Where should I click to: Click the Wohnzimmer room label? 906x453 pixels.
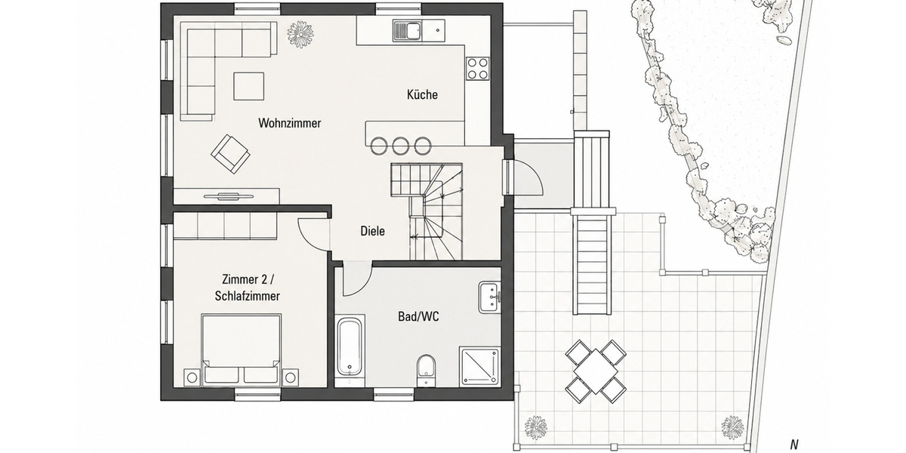pyautogui.click(x=290, y=123)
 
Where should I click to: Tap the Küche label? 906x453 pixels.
pyautogui.click(x=422, y=94)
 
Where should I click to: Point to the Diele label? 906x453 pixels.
pyautogui.click(x=372, y=231)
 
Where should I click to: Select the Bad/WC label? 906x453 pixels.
pyautogui.click(x=418, y=316)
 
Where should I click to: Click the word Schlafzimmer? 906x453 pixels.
pyautogui.click(x=247, y=296)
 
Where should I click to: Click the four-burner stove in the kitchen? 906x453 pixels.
pyautogui.click(x=478, y=69)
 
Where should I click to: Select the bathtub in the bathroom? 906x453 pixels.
pyautogui.click(x=350, y=349)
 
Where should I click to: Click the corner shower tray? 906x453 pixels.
pyautogui.click(x=479, y=366)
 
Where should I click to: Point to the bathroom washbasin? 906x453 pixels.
pyautogui.click(x=490, y=297)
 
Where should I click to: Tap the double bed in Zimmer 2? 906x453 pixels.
pyautogui.click(x=241, y=350)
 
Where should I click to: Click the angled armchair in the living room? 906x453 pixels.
pyautogui.click(x=230, y=154)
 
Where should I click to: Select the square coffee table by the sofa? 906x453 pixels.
pyautogui.click(x=248, y=86)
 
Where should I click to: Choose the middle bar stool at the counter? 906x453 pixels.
pyautogui.click(x=400, y=146)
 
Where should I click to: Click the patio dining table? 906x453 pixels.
pyautogui.click(x=596, y=371)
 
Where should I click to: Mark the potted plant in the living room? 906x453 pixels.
pyautogui.click(x=300, y=35)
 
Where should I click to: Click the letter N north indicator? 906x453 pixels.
pyautogui.click(x=794, y=445)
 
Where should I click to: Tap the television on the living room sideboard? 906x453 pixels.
pyautogui.click(x=228, y=196)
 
